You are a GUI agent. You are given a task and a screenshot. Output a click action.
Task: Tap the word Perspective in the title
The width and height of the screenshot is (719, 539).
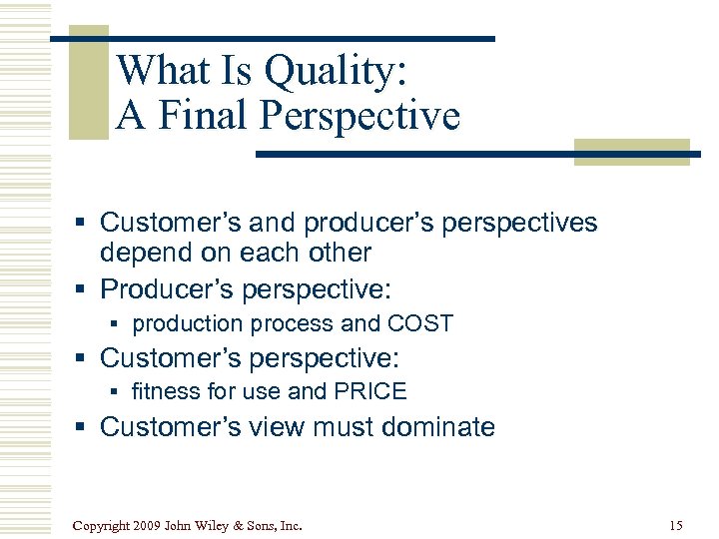[360, 116]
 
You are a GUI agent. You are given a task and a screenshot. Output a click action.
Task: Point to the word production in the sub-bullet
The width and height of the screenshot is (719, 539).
[188, 323]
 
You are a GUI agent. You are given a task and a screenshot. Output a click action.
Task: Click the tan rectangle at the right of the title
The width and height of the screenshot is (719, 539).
[631, 152]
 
